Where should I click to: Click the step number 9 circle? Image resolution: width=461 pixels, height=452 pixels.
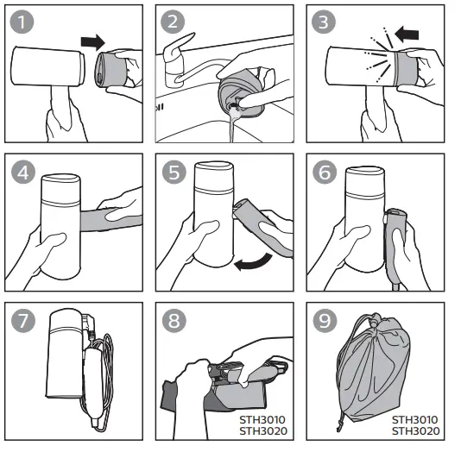coord(324,321)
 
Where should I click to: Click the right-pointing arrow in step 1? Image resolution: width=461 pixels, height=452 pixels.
coord(92,41)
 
